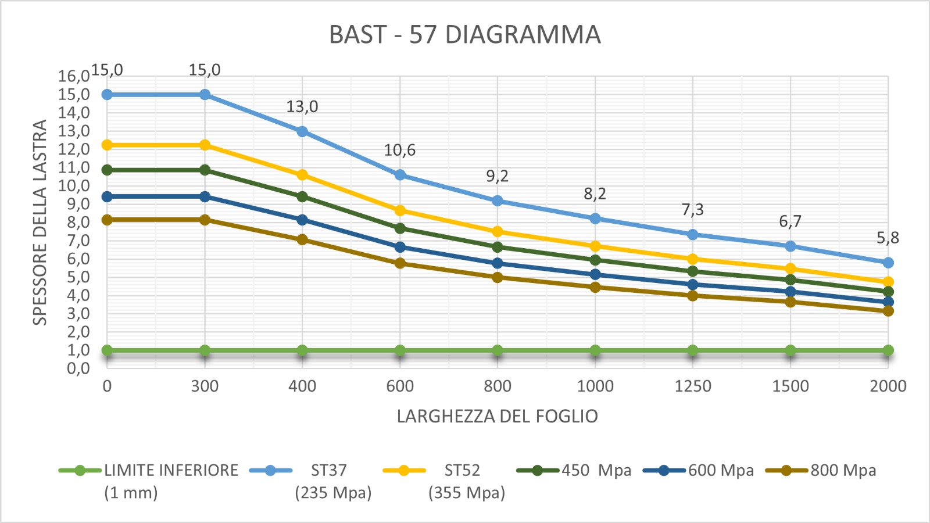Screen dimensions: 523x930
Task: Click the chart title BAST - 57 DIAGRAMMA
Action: coord(464,35)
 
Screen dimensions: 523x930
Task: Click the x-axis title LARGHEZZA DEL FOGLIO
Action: coord(497,416)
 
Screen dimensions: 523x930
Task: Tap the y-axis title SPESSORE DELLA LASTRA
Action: coord(40,222)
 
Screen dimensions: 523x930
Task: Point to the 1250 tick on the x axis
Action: coord(693,386)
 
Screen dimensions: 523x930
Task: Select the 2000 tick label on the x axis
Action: coord(888,386)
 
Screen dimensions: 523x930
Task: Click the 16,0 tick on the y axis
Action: coord(74,76)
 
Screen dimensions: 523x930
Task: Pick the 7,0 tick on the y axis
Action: coord(74,241)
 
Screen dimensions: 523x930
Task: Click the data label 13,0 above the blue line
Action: coord(302,107)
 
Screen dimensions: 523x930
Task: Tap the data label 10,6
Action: coord(400,151)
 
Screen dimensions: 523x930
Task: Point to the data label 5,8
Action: coord(888,238)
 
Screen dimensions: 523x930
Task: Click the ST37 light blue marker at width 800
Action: coord(498,200)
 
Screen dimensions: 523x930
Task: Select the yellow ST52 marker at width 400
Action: coord(302,175)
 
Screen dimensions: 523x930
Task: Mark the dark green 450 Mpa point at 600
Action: coord(400,228)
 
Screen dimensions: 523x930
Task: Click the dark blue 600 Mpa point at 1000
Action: coord(595,274)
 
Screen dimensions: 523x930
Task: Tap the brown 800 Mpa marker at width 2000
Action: coord(888,311)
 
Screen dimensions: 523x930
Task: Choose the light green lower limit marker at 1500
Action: coord(791,350)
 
